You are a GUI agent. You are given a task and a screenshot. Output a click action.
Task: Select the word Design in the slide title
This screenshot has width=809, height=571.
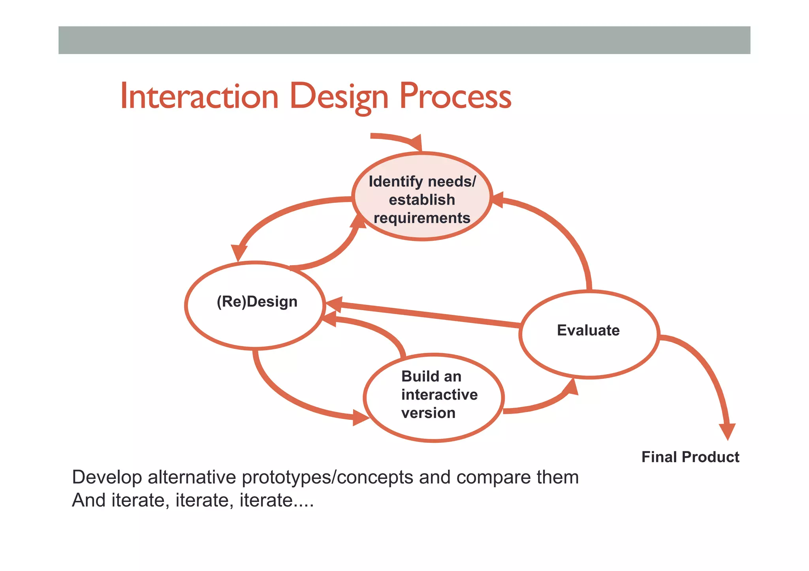pos(339,97)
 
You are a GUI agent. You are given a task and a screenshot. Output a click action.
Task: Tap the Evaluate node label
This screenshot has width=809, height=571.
pos(588,330)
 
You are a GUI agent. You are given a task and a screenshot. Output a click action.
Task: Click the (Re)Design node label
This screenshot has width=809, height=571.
pos(257,302)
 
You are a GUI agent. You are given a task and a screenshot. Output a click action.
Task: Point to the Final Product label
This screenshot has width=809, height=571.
pos(690,457)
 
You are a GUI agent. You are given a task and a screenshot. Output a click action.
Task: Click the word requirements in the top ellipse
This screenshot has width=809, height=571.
pos(422,218)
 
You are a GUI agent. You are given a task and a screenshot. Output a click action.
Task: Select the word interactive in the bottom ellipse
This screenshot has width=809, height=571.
pos(439,395)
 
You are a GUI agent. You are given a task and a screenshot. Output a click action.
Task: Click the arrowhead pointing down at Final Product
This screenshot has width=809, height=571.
pos(727,431)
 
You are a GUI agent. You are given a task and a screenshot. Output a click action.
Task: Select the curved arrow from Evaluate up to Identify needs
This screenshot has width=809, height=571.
pos(569,237)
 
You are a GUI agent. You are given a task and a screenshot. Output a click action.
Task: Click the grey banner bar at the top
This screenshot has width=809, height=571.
pos(404,40)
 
